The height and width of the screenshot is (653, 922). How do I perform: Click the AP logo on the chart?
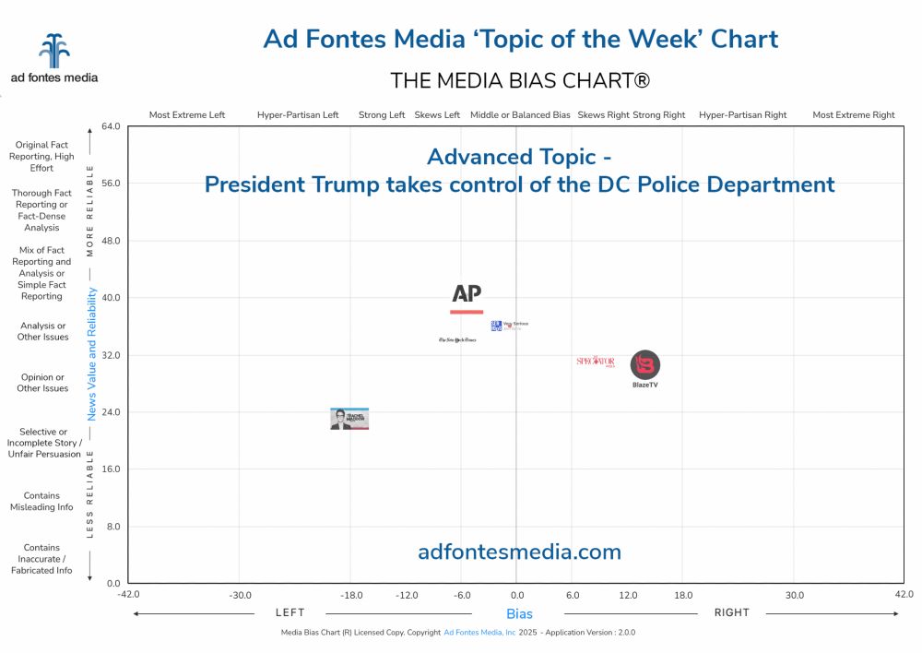[x=467, y=297]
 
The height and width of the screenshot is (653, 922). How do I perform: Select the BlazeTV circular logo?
[x=645, y=365]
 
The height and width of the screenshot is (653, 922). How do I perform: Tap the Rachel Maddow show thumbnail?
[x=349, y=419]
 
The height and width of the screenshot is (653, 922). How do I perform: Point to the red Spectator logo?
[x=596, y=362]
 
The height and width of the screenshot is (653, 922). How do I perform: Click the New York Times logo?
[x=457, y=340]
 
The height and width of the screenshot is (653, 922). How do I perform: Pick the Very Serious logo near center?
[x=509, y=325]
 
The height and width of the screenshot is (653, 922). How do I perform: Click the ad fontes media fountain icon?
[x=54, y=52]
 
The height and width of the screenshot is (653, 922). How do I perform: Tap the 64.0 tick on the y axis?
[x=112, y=126]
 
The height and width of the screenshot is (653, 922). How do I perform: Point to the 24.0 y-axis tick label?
[x=112, y=412]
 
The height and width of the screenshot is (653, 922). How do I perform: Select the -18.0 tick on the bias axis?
[x=351, y=595]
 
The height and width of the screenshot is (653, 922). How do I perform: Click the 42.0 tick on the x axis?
[x=904, y=595]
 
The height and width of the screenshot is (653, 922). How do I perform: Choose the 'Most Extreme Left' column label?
[x=187, y=115]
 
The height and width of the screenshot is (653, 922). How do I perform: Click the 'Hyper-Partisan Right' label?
[x=742, y=115]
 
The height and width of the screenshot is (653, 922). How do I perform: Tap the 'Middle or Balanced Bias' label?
[x=520, y=115]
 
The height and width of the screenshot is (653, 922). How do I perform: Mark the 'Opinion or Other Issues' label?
[x=43, y=383]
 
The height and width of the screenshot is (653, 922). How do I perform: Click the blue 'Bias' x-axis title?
[x=519, y=613]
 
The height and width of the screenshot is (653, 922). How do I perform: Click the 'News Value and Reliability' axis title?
[x=92, y=353]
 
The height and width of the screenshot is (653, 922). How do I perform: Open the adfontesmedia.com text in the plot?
[x=519, y=552]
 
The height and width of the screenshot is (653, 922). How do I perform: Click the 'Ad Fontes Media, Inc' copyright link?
[x=479, y=633]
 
